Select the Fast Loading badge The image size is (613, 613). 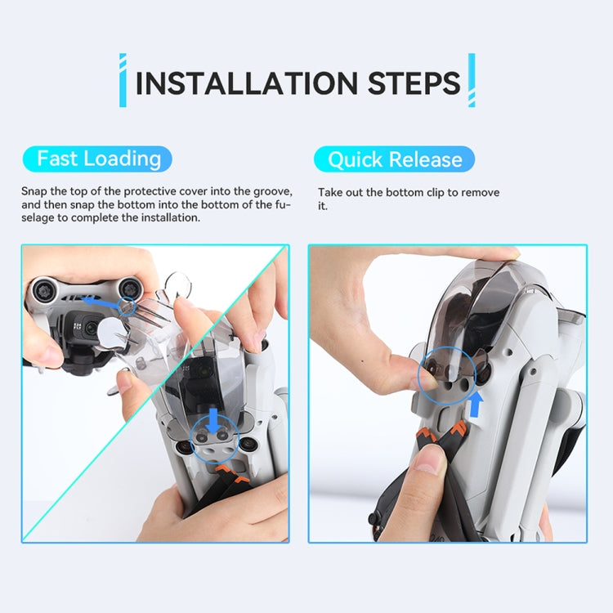click(x=99, y=159)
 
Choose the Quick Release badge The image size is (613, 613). click(x=394, y=159)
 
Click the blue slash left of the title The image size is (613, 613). click(x=123, y=80)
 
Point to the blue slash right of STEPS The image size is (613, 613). click(x=472, y=80)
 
